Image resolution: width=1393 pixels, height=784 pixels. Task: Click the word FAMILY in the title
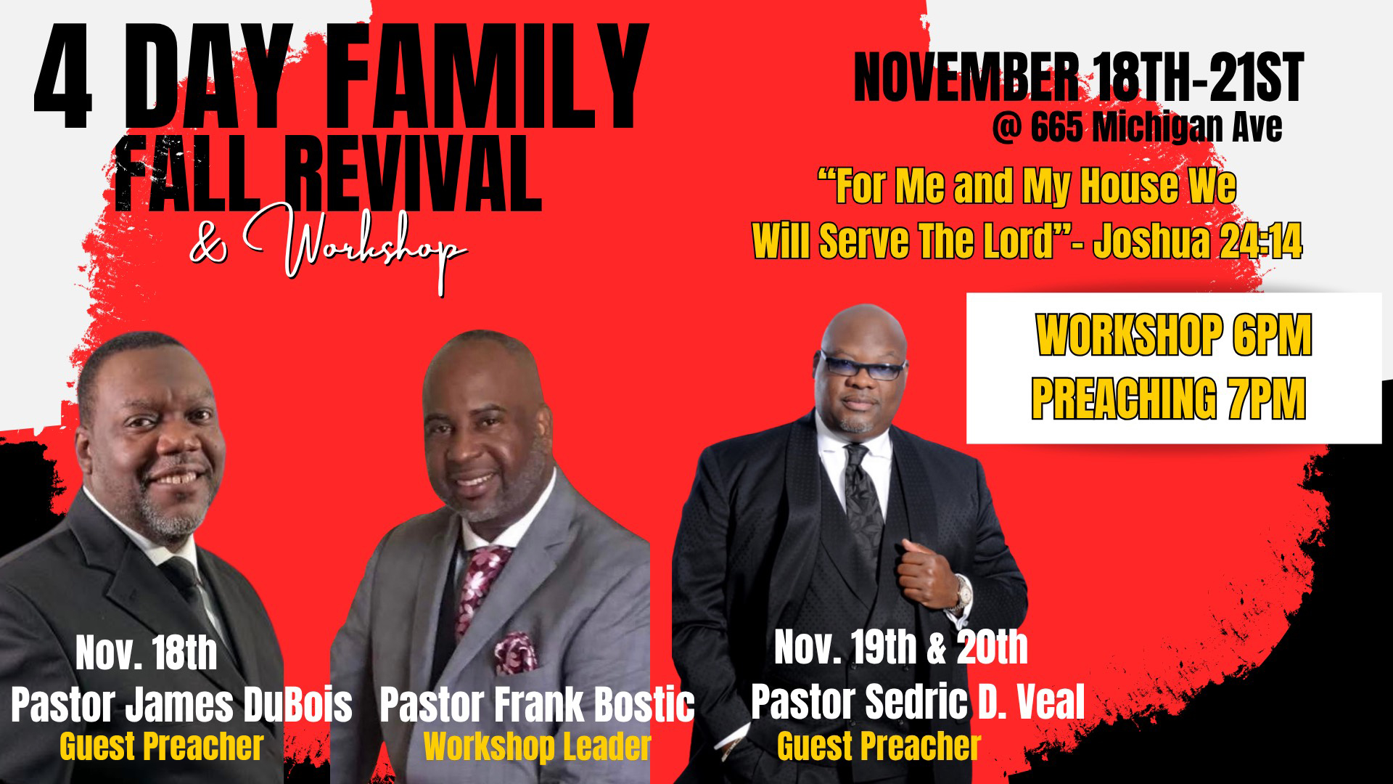pos(490,76)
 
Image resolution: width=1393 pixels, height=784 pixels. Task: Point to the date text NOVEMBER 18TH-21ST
pos(1079,77)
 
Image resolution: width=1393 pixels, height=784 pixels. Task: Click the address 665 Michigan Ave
pos(1156,128)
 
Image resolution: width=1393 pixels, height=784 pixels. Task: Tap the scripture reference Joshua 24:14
pos(1198,240)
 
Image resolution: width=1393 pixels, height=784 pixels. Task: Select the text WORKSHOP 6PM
pos(1173,335)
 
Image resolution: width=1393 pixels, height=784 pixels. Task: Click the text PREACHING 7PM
pos(1168,398)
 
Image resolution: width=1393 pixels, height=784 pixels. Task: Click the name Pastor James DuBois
pos(181,703)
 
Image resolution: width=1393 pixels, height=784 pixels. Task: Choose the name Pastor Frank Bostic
pos(537,703)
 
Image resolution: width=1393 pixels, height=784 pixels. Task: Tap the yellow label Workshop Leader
pos(537,746)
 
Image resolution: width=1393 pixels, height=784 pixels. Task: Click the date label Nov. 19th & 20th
pos(901,647)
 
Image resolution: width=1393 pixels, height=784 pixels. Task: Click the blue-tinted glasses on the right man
pos(863,365)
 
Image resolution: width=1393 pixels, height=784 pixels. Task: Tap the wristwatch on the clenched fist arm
pos(962,593)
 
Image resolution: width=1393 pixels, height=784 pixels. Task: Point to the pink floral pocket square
pos(516,651)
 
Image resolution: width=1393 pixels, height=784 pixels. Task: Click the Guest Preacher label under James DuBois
pos(161,746)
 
